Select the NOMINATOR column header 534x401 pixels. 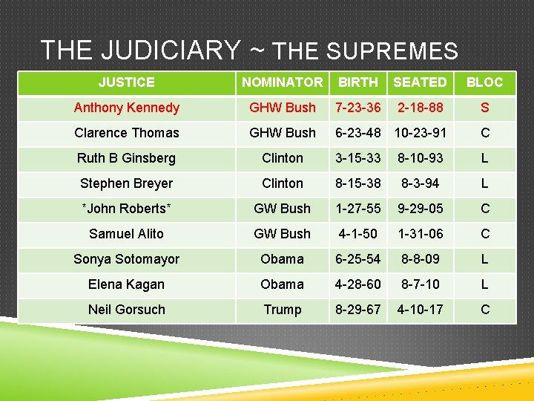tap(283, 82)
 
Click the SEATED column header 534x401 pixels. tap(420, 82)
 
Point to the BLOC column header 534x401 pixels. tap(484, 82)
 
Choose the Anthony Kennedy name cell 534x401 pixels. tap(127, 108)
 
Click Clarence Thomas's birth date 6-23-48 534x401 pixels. tap(358, 133)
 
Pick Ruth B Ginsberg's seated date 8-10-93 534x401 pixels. tap(420, 158)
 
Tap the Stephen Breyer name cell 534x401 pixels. tap(127, 183)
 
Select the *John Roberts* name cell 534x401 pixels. tap(127, 209)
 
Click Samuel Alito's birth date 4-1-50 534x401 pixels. tap(358, 234)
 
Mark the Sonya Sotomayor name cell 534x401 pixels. tap(127, 259)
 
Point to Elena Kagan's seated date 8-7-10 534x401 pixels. tap(420, 284)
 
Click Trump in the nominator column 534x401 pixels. tap(283, 310)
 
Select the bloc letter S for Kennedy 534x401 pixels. tap(484, 108)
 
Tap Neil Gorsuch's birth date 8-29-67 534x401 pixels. tap(358, 310)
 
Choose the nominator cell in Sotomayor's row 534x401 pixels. tap(283, 259)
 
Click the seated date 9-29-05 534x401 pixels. tap(420, 209)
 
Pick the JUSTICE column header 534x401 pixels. tap(127, 82)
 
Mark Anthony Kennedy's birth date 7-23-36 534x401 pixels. tap(358, 108)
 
